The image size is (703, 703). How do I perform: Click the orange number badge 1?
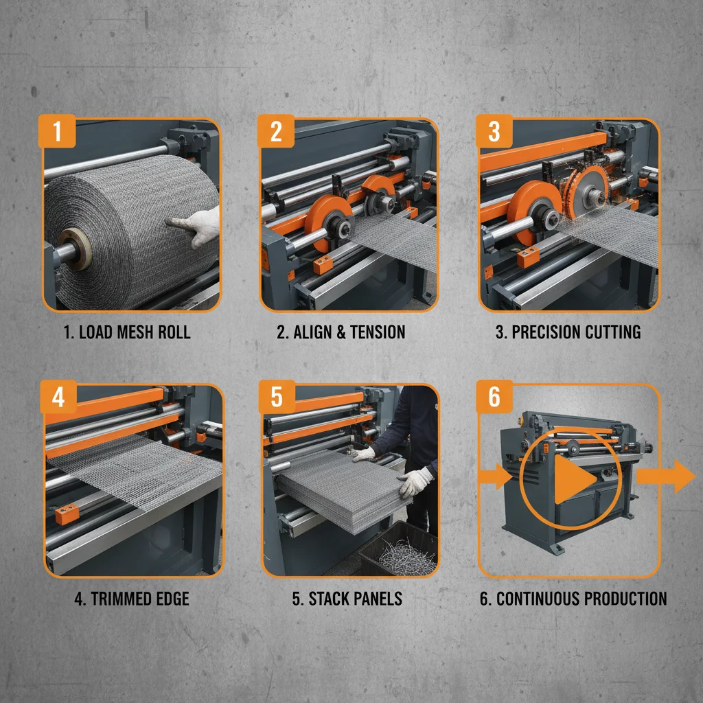57,130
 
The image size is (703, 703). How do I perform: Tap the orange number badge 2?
275,130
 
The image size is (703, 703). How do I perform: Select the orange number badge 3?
494,130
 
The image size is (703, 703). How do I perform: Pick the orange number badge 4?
58,397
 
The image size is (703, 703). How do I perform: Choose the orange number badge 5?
276,397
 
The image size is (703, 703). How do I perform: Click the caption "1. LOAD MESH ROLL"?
127,332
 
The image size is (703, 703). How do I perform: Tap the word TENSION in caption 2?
377,332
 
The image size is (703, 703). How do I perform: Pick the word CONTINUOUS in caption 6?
538,598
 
